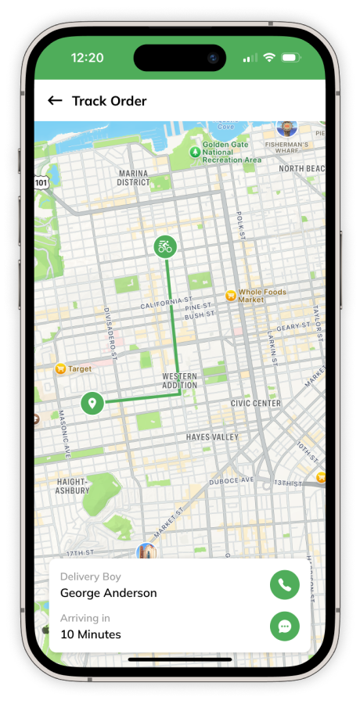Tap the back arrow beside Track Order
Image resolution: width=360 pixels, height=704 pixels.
click(x=55, y=100)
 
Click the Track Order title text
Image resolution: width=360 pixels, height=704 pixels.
click(x=109, y=100)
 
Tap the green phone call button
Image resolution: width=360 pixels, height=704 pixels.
click(x=285, y=584)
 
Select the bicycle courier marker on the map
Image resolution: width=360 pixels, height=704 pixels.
click(x=165, y=247)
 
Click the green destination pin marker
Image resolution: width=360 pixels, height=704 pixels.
click(x=92, y=404)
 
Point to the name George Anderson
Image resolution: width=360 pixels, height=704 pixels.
click(x=108, y=593)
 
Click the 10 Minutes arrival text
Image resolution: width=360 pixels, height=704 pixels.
click(x=91, y=634)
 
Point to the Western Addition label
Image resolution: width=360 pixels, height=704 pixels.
click(x=179, y=381)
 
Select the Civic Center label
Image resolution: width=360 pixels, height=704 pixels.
click(x=255, y=404)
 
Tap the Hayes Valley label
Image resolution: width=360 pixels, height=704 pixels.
click(x=211, y=436)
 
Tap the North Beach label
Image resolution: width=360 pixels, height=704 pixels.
click(x=301, y=168)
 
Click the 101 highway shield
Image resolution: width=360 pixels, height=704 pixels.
click(x=41, y=182)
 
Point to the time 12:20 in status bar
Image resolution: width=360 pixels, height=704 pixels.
click(x=87, y=58)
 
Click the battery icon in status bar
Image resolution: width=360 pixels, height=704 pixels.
click(x=290, y=58)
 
